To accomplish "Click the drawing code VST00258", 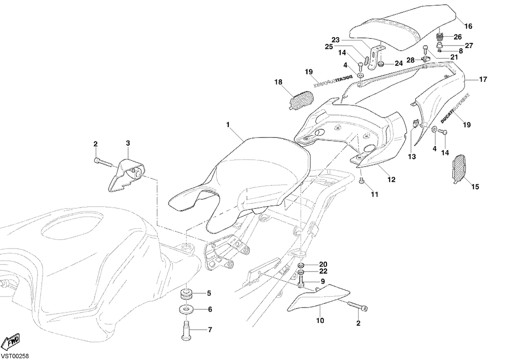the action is click(14, 356).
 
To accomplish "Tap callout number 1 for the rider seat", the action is click(227, 125).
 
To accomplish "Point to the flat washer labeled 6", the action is click(186, 309).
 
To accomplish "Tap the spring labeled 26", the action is click(440, 37).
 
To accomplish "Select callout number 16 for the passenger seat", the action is click(468, 26).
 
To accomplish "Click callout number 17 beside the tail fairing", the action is click(483, 79).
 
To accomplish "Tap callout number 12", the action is click(391, 180).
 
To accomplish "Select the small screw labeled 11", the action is click(361, 181).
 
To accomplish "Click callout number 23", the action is click(336, 40).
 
